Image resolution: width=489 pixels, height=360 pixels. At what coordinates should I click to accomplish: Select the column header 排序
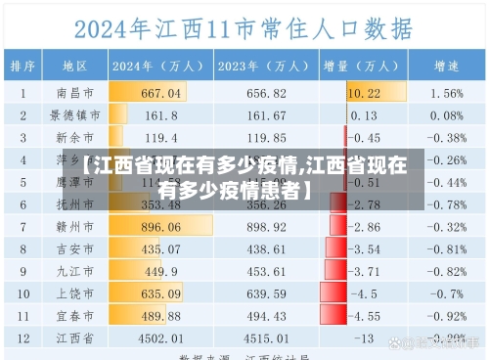pyautogui.click(x=23, y=67)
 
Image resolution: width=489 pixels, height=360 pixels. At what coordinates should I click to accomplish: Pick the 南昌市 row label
pyautogui.click(x=75, y=93)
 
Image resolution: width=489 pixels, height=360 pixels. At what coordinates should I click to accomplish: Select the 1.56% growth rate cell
pyautogui.click(x=447, y=93)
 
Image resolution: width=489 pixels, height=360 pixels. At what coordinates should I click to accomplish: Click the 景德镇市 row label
pyautogui.click(x=75, y=114)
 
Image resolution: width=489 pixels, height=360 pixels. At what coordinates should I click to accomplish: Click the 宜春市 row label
pyautogui.click(x=75, y=315)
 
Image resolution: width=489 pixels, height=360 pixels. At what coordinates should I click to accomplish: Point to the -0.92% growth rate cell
pyautogui.click(x=447, y=315)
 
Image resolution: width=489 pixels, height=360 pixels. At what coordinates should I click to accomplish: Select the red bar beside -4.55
pyautogui.click(x=338, y=315)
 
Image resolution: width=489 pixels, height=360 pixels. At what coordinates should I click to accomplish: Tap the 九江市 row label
pyautogui.click(x=75, y=271)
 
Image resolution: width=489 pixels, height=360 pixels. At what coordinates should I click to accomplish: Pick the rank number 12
pyautogui.click(x=23, y=337)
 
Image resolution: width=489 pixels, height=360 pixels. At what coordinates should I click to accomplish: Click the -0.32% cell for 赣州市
pyautogui.click(x=447, y=226)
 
